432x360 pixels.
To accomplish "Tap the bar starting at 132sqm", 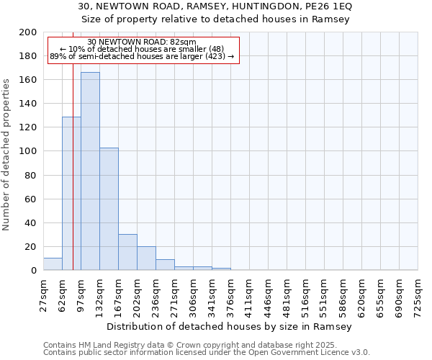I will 109,209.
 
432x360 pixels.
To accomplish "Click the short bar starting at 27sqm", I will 53,264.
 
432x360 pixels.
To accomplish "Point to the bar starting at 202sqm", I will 146,258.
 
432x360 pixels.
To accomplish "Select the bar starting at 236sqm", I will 165,265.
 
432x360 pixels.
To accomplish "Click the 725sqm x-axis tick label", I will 418,295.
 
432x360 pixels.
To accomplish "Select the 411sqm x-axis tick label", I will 249,295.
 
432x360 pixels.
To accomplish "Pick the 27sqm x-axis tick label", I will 43,295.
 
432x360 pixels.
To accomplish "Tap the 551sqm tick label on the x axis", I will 324,295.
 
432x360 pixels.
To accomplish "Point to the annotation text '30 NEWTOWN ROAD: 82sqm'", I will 141,42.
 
